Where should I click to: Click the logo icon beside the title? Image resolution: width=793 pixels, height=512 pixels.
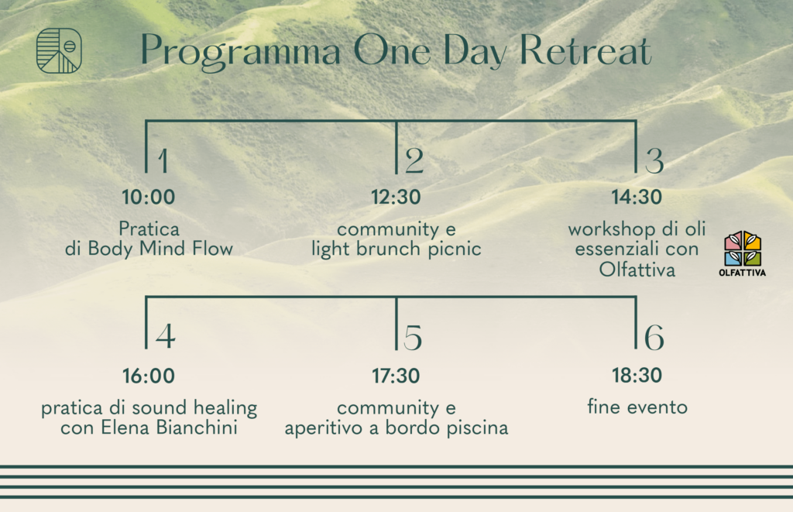(59, 50)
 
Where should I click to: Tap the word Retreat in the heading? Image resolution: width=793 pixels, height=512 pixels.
(585, 50)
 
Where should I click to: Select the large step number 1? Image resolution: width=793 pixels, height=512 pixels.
(163, 161)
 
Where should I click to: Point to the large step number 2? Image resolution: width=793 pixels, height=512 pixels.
(414, 161)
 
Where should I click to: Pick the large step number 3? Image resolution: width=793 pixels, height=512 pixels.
(654, 161)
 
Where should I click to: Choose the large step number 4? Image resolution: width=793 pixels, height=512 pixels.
(166, 336)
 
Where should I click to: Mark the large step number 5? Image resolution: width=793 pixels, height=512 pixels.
(413, 337)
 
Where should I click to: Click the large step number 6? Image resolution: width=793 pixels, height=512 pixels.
(654, 337)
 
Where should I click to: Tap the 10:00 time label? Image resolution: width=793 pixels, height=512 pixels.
(148, 197)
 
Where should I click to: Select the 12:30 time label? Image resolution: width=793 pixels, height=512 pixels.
(396, 197)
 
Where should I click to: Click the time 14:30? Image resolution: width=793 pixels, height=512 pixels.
(637, 197)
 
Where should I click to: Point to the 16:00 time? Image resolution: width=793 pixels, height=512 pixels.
(149, 376)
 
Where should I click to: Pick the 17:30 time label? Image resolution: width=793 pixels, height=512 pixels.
(396, 376)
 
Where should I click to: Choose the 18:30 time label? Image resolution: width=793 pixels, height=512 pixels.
(637, 376)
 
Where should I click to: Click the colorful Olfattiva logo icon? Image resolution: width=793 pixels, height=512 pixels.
(743, 253)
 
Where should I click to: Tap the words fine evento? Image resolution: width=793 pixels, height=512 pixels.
(637, 407)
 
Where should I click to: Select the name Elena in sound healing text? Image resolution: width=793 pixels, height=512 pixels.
(125, 428)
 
